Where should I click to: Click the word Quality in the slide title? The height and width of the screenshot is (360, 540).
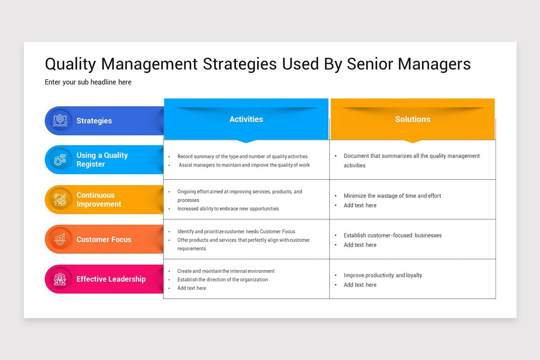[71, 64]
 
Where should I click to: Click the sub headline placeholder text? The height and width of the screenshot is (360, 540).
[88, 82]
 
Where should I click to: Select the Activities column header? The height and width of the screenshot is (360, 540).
[246, 119]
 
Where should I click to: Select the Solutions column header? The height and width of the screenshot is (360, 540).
[413, 119]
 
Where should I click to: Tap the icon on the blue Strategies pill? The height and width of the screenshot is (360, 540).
[60, 121]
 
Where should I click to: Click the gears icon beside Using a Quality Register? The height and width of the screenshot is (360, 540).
[60, 160]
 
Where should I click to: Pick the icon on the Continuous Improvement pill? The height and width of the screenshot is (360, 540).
[60, 199]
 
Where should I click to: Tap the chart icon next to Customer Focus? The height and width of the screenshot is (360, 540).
[60, 239]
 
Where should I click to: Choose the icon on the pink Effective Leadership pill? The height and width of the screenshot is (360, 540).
[60, 279]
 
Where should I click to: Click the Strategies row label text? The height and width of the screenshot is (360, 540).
[94, 121]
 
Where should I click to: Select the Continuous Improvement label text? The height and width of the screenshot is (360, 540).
[99, 199]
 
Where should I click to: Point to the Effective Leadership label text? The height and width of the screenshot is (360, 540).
[111, 279]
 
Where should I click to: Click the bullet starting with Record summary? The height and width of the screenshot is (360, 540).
[242, 157]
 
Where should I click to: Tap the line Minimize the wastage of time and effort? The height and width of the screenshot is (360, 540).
[392, 196]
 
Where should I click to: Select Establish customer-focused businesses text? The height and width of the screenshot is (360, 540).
[392, 235]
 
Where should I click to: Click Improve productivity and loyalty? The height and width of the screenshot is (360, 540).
[382, 275]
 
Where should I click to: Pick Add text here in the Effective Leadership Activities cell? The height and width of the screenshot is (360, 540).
[191, 288]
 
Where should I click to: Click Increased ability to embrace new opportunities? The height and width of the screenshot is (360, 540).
[228, 209]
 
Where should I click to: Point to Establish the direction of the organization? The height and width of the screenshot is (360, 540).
[222, 279]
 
